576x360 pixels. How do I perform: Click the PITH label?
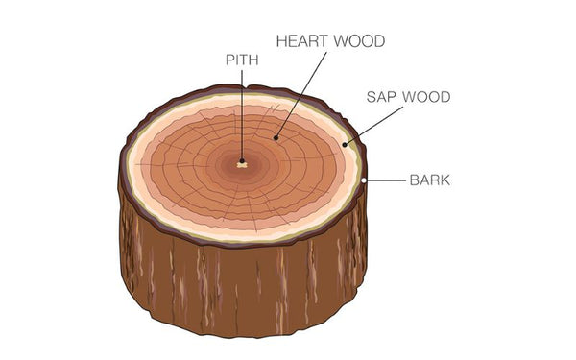click(242, 60)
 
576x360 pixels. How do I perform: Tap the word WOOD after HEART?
click(359, 41)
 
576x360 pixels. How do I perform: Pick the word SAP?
click(382, 97)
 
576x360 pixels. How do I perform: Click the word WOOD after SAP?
click(426, 97)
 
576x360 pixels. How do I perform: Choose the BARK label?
click(430, 180)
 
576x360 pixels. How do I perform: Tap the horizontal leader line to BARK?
click(385, 180)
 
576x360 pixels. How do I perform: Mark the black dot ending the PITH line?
click(242, 161)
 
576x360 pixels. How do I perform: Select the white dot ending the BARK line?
click(366, 180)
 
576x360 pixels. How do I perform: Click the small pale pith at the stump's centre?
click(242, 167)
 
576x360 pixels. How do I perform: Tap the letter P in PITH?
click(228, 60)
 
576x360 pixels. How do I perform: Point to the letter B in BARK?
click(414, 180)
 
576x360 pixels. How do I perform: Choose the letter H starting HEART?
click(281, 41)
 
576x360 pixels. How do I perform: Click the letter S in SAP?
click(372, 97)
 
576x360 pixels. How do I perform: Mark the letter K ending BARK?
click(446, 180)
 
